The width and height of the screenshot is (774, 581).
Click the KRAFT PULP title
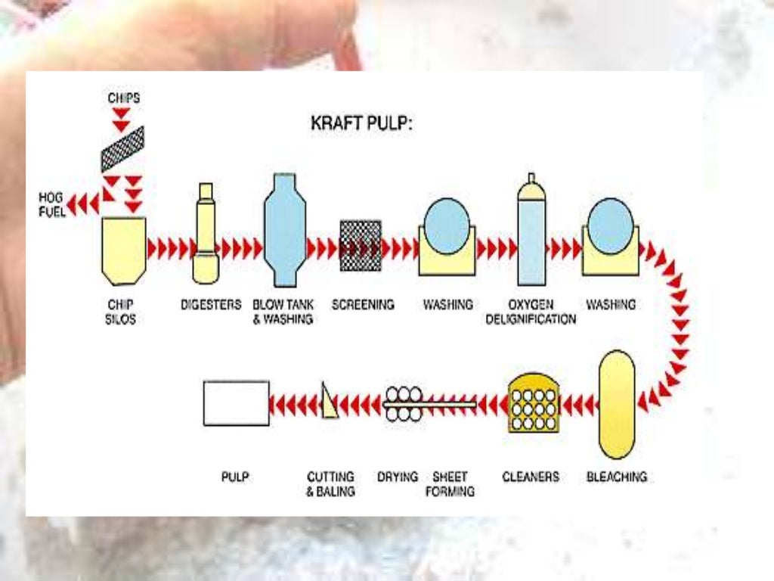point(361,123)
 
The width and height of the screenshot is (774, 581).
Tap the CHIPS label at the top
point(123,98)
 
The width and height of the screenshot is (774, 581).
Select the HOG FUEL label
point(52,204)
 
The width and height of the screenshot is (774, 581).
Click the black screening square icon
point(361,246)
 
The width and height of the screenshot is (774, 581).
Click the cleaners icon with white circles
point(534,402)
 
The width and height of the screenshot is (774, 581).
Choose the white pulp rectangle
point(236,403)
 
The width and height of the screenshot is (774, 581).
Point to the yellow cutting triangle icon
point(329,401)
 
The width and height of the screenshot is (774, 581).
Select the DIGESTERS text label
point(211,305)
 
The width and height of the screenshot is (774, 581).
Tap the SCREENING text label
point(363,305)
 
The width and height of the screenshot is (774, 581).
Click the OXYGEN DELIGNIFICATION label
point(531,312)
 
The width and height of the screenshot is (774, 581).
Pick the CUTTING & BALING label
point(330,484)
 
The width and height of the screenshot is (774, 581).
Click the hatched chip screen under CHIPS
point(123,149)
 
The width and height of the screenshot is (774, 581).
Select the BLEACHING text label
point(617,477)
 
